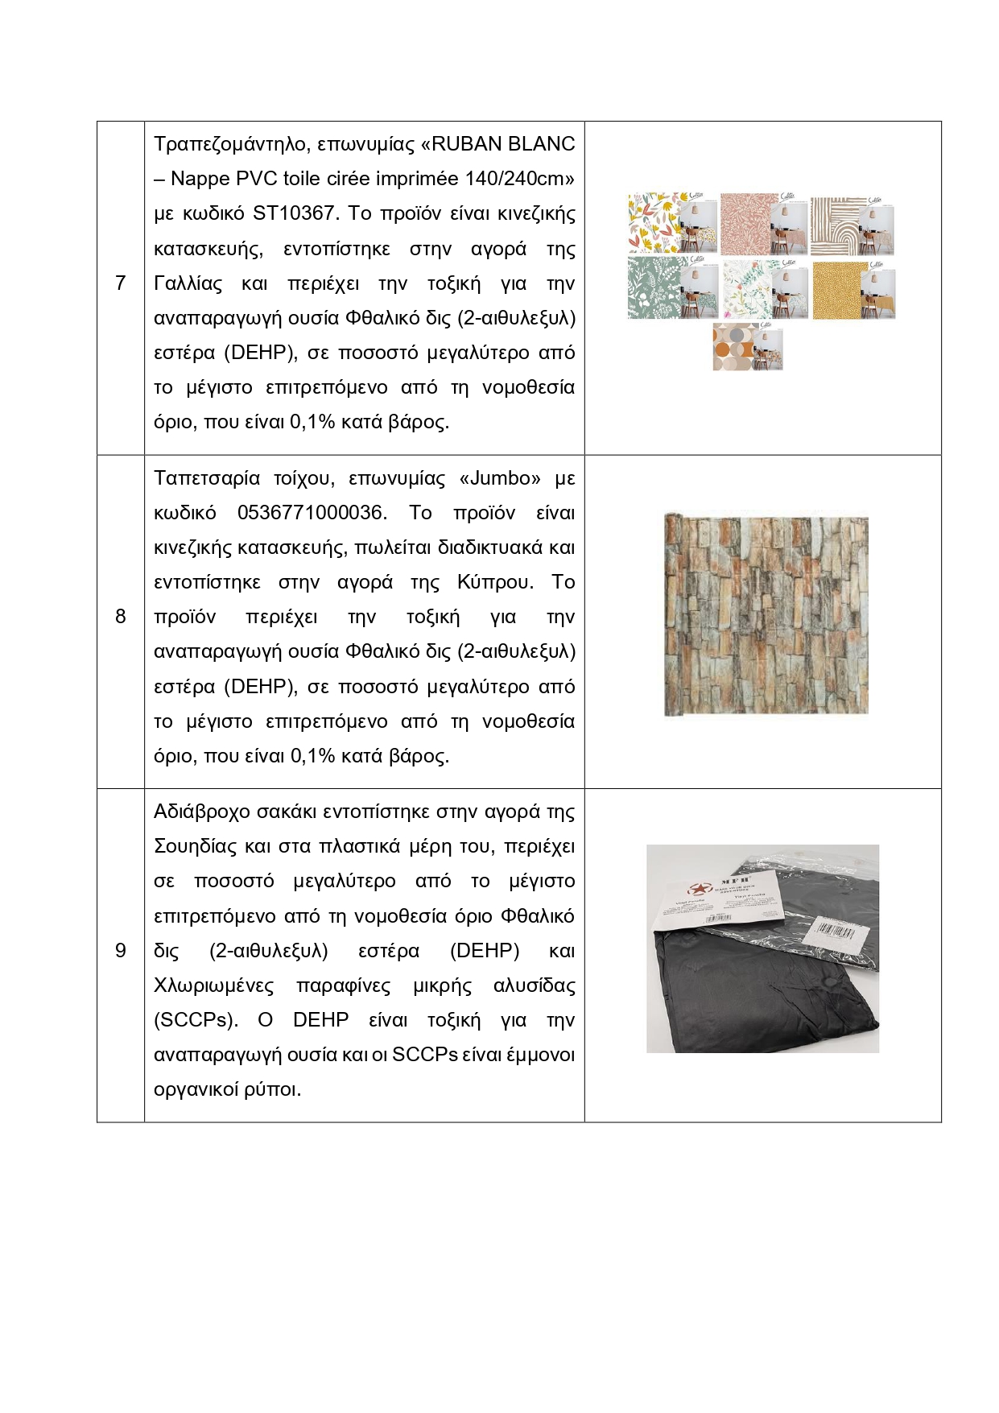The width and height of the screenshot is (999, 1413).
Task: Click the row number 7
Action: [x=121, y=283]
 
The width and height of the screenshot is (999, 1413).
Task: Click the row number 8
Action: [x=121, y=617]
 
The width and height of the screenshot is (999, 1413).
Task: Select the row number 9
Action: [x=121, y=951]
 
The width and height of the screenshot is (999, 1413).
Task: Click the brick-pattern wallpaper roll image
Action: [x=766, y=615]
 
